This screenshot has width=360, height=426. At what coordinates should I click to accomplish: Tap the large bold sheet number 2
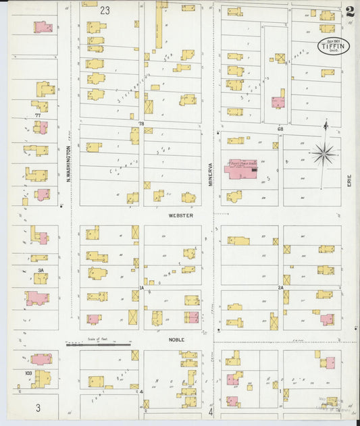(349, 11)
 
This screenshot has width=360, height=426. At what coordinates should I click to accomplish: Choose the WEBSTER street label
(180, 215)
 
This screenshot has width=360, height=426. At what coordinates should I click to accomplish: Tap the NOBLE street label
(176, 340)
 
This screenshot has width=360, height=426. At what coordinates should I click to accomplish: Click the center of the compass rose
(325, 155)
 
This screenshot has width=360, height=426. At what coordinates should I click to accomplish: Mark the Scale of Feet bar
(99, 344)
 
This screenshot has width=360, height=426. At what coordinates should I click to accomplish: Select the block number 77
(38, 115)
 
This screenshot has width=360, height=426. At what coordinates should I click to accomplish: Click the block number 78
(141, 124)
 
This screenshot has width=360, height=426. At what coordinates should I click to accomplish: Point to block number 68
(279, 128)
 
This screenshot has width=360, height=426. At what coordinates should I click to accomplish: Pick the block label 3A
(41, 270)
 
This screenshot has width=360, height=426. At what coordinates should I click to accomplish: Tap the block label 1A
(142, 288)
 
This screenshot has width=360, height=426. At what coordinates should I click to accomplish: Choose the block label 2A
(280, 288)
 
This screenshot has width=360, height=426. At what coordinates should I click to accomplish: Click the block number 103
(28, 373)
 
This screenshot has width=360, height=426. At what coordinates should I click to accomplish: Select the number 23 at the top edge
(104, 11)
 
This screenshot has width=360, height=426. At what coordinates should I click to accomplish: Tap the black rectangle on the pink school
(253, 171)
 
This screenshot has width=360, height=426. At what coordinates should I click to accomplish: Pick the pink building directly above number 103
(41, 359)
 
